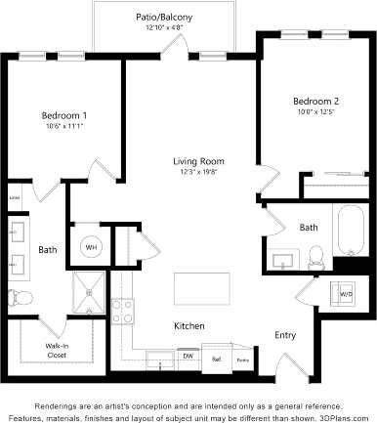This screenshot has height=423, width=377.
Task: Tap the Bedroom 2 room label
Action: pyautogui.click(x=315, y=101)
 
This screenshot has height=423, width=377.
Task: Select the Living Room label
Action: pyautogui.click(x=199, y=161)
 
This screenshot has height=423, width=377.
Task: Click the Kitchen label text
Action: pyautogui.click(x=188, y=325)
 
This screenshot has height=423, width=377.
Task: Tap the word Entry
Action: pyautogui.click(x=285, y=335)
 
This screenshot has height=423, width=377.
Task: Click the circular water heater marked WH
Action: pyautogui.click(x=93, y=247)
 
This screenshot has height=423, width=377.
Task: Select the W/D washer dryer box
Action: pyautogui.click(x=346, y=292)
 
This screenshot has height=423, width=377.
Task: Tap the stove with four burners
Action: pyautogui.click(x=124, y=312)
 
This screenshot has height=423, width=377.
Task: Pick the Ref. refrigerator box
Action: pyautogui.click(x=217, y=359)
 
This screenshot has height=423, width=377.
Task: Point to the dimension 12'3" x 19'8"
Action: pyautogui.click(x=199, y=173)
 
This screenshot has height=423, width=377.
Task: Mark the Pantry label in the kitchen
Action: pyautogui.click(x=241, y=360)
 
